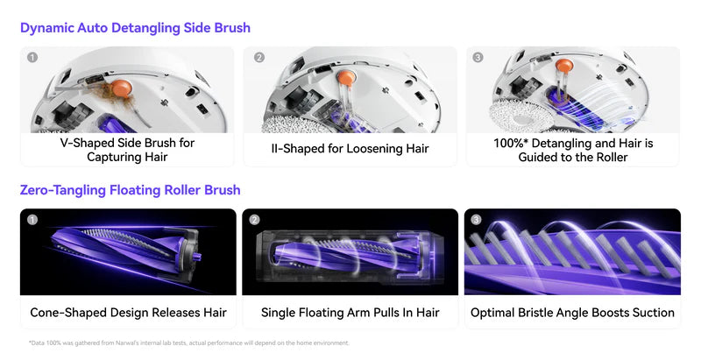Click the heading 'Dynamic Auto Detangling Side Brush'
[135, 28]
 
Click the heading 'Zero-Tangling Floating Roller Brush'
[130, 190]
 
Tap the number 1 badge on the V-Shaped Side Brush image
[32, 58]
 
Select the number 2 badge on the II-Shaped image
[259, 58]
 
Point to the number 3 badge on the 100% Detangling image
[478, 58]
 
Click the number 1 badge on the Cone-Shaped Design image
[32, 220]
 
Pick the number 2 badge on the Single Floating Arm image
[254, 220]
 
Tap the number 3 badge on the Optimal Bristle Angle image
[477, 220]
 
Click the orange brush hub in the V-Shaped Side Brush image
[122, 88]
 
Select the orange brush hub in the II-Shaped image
[346, 78]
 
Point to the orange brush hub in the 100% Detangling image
[564, 66]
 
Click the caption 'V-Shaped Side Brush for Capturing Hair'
[127, 150]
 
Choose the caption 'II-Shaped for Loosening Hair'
[350, 149]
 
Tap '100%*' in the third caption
[511, 144]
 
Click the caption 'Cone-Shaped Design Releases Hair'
[128, 312]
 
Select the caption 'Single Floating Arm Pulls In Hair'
[350, 312]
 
